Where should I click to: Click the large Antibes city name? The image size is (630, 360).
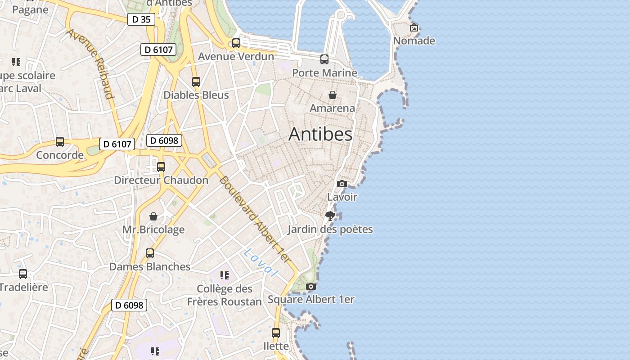coord(320,134)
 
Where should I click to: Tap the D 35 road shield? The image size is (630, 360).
coord(141,19)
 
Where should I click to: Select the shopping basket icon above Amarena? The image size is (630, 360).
coord(332,95)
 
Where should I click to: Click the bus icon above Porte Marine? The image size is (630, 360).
coord(324,59)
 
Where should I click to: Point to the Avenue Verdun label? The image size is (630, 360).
coord(236,56)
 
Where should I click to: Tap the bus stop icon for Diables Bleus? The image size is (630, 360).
coord(196,82)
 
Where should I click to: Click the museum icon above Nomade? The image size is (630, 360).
coord(414,27)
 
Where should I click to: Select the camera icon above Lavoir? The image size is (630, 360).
coord(342,184)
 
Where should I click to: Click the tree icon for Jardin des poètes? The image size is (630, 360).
coord(330,216)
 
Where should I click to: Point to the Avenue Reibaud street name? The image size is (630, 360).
coord(90,63)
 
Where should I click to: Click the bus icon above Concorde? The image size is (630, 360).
coord(60,142)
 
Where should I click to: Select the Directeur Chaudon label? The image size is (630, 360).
coord(161,180)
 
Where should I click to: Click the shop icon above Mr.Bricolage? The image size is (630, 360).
coord(153,216)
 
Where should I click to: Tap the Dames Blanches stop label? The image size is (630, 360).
coord(150,266)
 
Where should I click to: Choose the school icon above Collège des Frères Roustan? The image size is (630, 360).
coord(224,275)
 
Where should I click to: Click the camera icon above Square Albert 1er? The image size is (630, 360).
coord(310,286)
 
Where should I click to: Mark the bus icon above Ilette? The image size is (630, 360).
coord(276,333)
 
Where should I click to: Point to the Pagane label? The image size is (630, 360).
coord(30,10)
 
